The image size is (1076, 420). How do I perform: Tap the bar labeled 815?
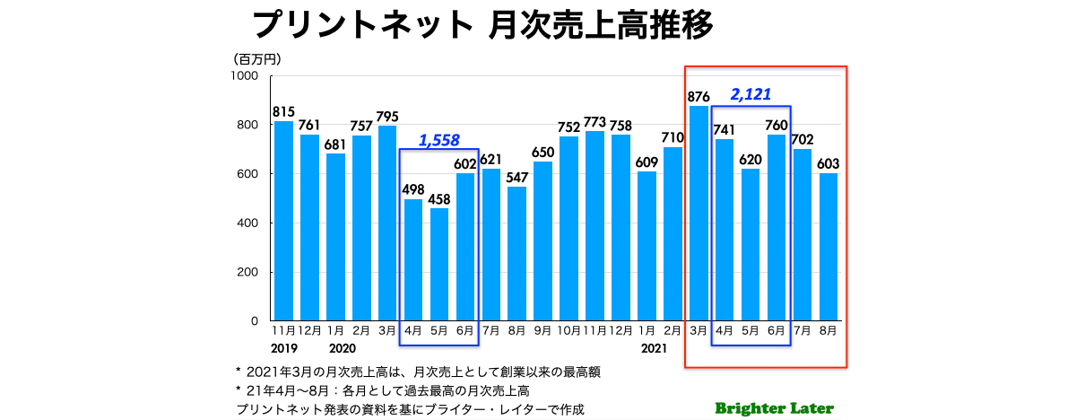283,221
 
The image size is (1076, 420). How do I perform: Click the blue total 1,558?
439,140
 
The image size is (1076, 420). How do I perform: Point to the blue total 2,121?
751,94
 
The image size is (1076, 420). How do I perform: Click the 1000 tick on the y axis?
245,76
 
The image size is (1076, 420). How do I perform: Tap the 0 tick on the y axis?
255,321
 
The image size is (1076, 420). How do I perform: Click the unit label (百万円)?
257,59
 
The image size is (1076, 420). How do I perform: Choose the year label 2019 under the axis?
283,347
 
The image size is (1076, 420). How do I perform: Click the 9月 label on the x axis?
542,330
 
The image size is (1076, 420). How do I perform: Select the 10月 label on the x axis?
568,330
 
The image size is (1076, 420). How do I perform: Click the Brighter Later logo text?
774,408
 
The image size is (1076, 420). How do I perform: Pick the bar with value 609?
646,246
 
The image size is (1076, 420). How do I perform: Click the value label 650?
542,151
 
